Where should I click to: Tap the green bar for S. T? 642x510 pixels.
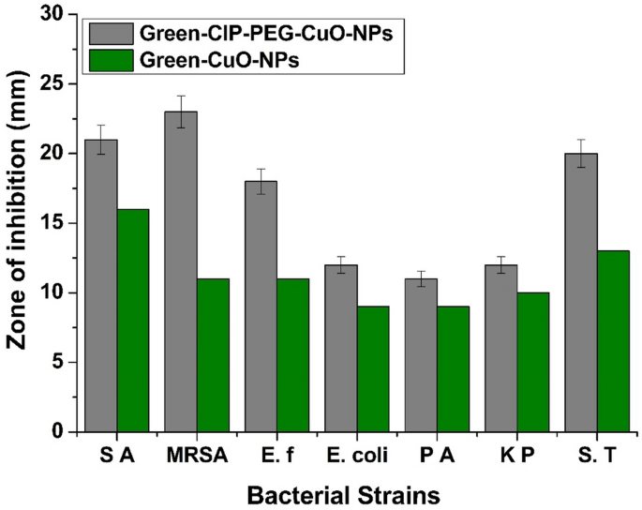click(x=613, y=341)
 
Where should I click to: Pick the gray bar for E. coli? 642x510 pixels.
click(x=341, y=348)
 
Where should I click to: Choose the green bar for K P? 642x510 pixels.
click(x=533, y=362)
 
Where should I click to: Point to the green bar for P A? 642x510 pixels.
click(x=453, y=368)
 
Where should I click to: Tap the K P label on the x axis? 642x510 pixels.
click(x=517, y=457)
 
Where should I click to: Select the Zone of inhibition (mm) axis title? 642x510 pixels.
click(x=17, y=223)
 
